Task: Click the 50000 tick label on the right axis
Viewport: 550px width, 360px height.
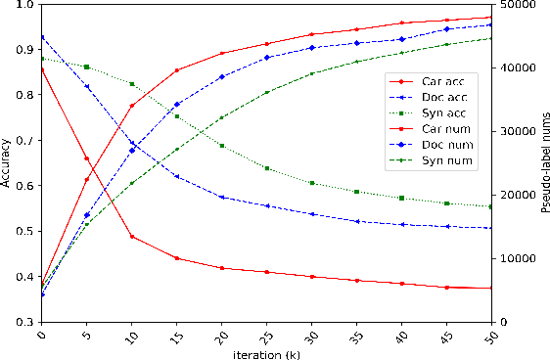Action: point(517,5)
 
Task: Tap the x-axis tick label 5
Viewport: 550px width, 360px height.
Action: point(87,336)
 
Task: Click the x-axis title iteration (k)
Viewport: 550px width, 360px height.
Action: point(266,353)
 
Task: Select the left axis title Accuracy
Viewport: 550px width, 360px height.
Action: point(7,163)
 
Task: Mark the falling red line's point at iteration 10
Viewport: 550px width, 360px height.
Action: point(132,237)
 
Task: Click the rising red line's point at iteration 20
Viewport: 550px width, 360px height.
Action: point(222,53)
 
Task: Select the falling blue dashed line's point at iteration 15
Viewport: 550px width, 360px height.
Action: point(177,176)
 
